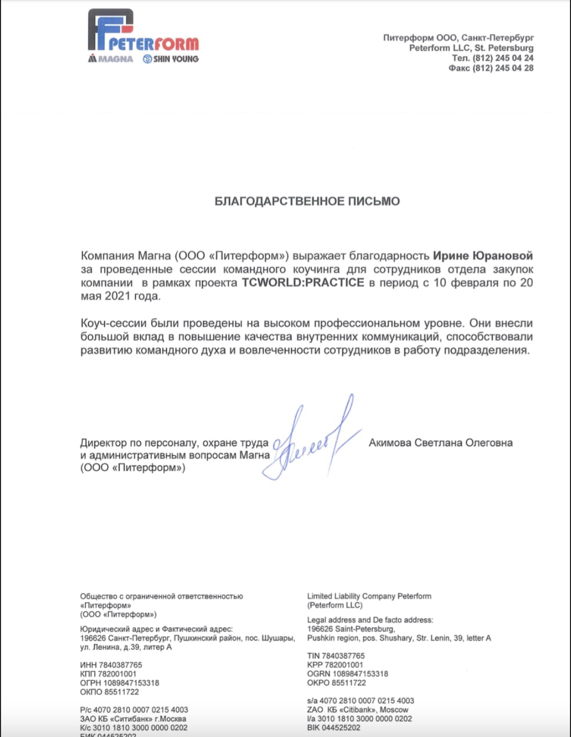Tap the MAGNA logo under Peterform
(111, 59)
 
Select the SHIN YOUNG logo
(171, 59)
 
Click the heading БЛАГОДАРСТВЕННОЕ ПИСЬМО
(307, 202)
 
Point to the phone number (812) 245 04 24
(502, 58)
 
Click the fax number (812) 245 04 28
(502, 68)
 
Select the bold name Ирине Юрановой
(483, 256)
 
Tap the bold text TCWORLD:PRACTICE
(303, 283)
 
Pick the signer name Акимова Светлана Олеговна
(440, 443)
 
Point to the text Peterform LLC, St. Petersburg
(471, 48)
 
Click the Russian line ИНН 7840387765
(111, 665)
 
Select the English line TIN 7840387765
(336, 656)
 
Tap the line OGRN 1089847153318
(347, 674)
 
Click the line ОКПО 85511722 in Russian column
(109, 692)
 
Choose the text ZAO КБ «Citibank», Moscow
(358, 709)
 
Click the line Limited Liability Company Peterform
(369, 596)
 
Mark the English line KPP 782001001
(335, 665)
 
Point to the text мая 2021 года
(121, 296)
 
